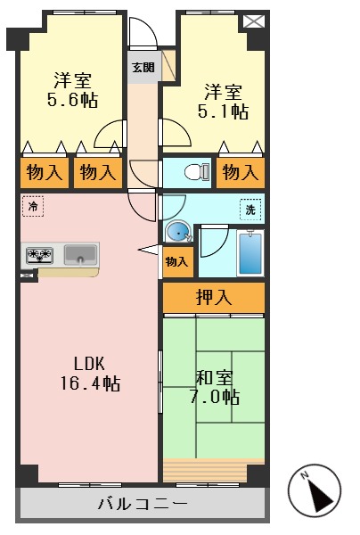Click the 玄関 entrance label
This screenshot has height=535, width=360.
coord(142,67)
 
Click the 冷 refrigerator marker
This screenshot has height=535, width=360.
coord(32,207)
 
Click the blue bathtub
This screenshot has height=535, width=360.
coord(250,253)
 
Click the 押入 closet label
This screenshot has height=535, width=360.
coord(214,298)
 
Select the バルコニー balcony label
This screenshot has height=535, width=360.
coord(143,505)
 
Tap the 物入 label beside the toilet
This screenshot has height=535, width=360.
coord(241,172)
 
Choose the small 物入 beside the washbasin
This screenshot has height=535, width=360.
coord(176,261)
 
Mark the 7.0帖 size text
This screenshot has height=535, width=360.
coord(214,396)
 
